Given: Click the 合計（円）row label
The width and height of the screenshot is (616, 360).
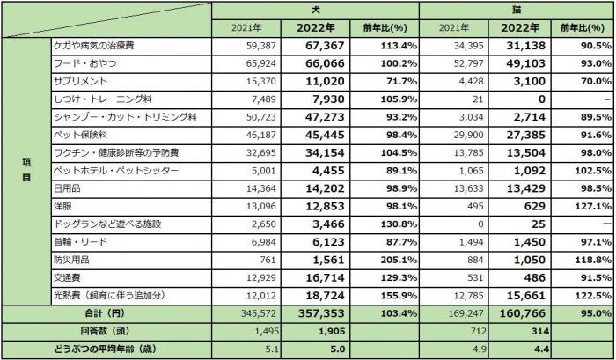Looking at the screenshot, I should point(106,314).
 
